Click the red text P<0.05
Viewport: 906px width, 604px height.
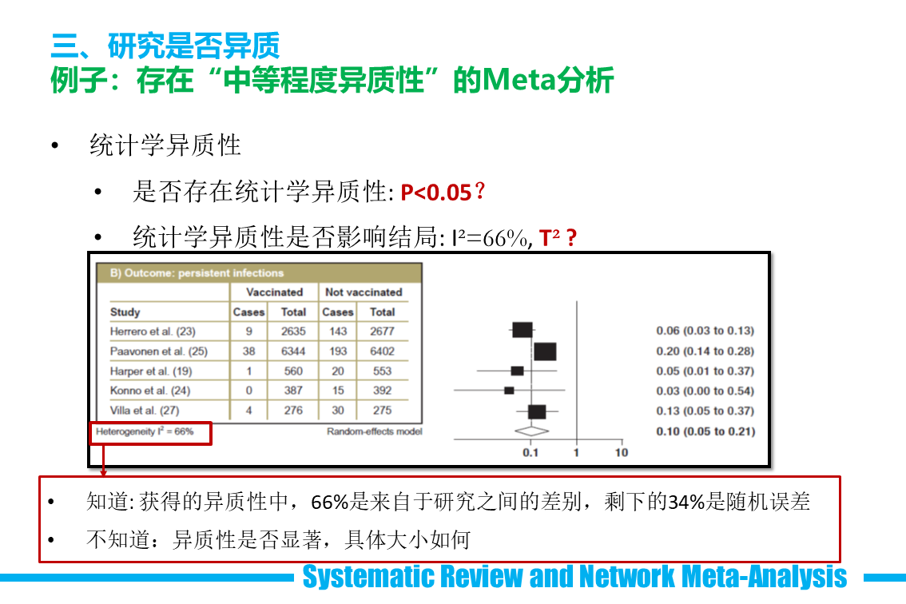(436, 193)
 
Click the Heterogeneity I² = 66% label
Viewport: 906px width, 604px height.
(145, 431)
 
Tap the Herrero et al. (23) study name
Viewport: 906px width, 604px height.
(153, 332)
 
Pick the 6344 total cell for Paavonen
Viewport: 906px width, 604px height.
(293, 351)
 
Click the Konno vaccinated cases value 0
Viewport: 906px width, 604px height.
(249, 390)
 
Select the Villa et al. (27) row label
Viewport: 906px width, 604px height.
(145, 411)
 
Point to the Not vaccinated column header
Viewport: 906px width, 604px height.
(364, 292)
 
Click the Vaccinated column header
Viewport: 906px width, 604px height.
(275, 292)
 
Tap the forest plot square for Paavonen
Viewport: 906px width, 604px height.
(545, 352)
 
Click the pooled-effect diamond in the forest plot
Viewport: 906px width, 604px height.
(531, 431)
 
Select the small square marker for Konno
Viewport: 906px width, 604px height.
(509, 391)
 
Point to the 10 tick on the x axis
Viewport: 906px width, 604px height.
(621, 452)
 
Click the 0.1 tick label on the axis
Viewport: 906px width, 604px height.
(530, 452)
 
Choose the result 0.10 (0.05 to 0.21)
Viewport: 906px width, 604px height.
(705, 431)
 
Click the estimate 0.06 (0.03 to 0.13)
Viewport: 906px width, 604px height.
(705, 331)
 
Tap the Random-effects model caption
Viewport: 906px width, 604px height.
(375, 431)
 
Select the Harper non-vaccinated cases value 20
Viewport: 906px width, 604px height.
(338, 371)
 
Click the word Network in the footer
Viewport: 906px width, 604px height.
(627, 576)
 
